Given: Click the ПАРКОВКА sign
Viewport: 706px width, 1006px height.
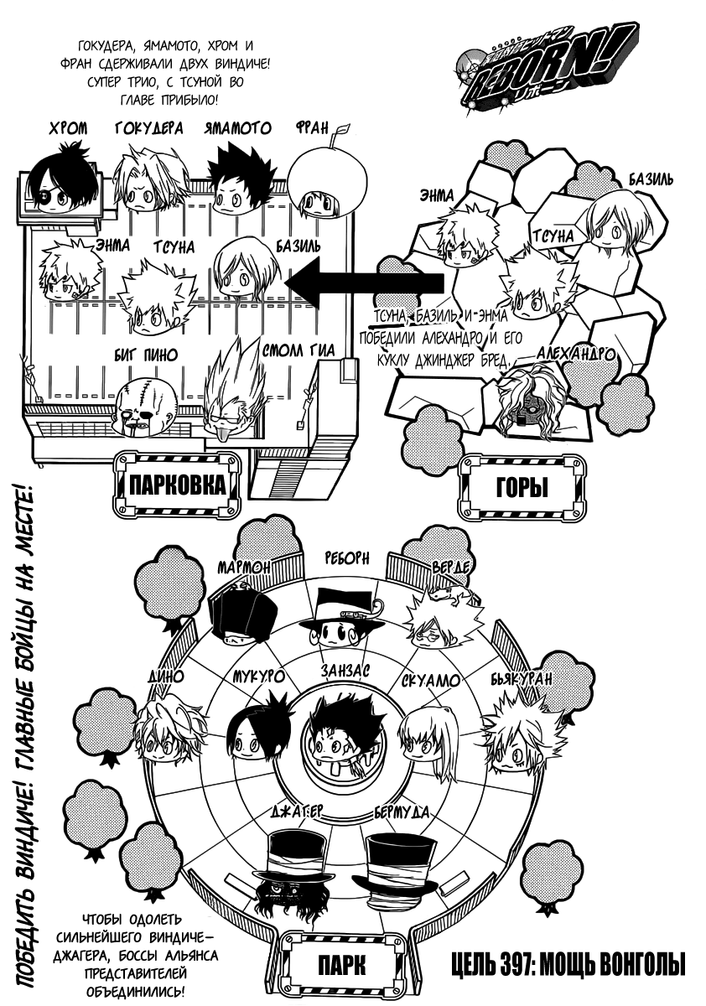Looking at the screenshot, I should point(177,485).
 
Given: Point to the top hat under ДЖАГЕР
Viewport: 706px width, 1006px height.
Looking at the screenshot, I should point(289,863).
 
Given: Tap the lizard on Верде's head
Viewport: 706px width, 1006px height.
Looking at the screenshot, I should point(444,595).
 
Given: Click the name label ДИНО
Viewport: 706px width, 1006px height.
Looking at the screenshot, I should point(162,677).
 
